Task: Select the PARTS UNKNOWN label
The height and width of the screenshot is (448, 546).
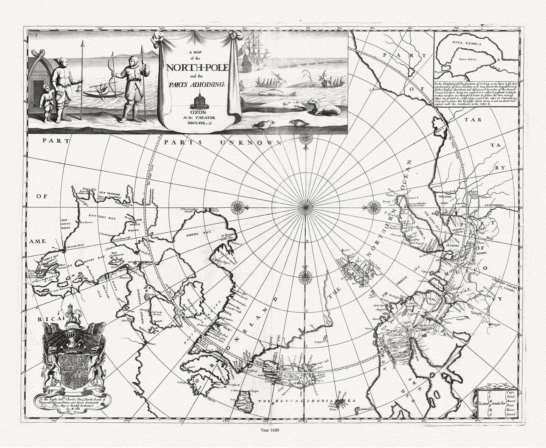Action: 223,142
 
